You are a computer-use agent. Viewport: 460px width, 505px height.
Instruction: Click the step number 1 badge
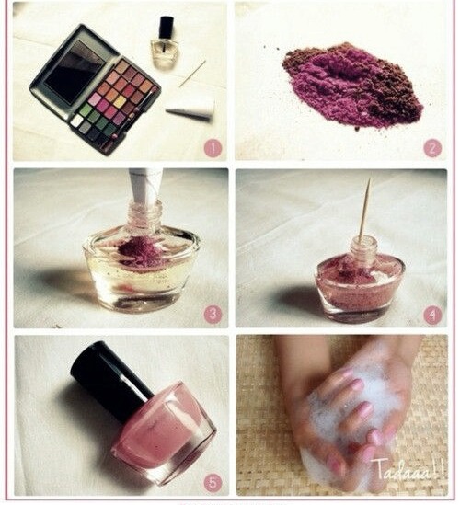pos(213,148)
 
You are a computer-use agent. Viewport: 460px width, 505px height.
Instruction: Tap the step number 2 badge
pos(432,148)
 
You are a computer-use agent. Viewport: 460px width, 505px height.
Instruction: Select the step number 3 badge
pos(213,315)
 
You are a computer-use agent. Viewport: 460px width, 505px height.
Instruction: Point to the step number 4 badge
pos(432,315)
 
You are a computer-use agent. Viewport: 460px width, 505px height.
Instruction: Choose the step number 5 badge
pos(213,482)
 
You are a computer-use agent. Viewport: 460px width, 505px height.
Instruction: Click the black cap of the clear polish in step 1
pos(167,27)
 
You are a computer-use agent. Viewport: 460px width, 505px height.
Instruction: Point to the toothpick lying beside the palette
pos(192,74)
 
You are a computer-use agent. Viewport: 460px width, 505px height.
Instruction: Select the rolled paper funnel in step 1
pos(190,110)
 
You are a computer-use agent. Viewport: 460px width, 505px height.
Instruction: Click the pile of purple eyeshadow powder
pos(352,86)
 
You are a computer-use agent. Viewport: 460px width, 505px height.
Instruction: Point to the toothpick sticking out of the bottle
pos(365,211)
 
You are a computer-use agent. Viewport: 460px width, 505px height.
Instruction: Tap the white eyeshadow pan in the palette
pos(76,121)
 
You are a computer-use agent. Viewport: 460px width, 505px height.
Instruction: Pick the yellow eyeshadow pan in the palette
pos(120,102)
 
